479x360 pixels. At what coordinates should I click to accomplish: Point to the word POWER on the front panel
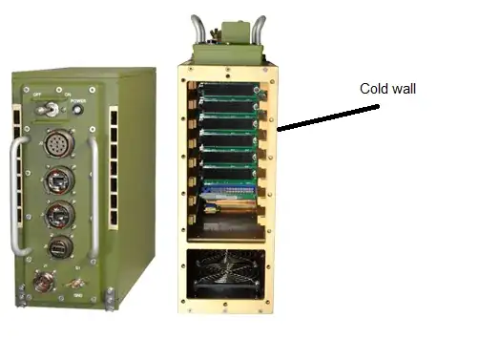point(75,98)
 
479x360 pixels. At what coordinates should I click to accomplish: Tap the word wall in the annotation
point(403,89)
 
